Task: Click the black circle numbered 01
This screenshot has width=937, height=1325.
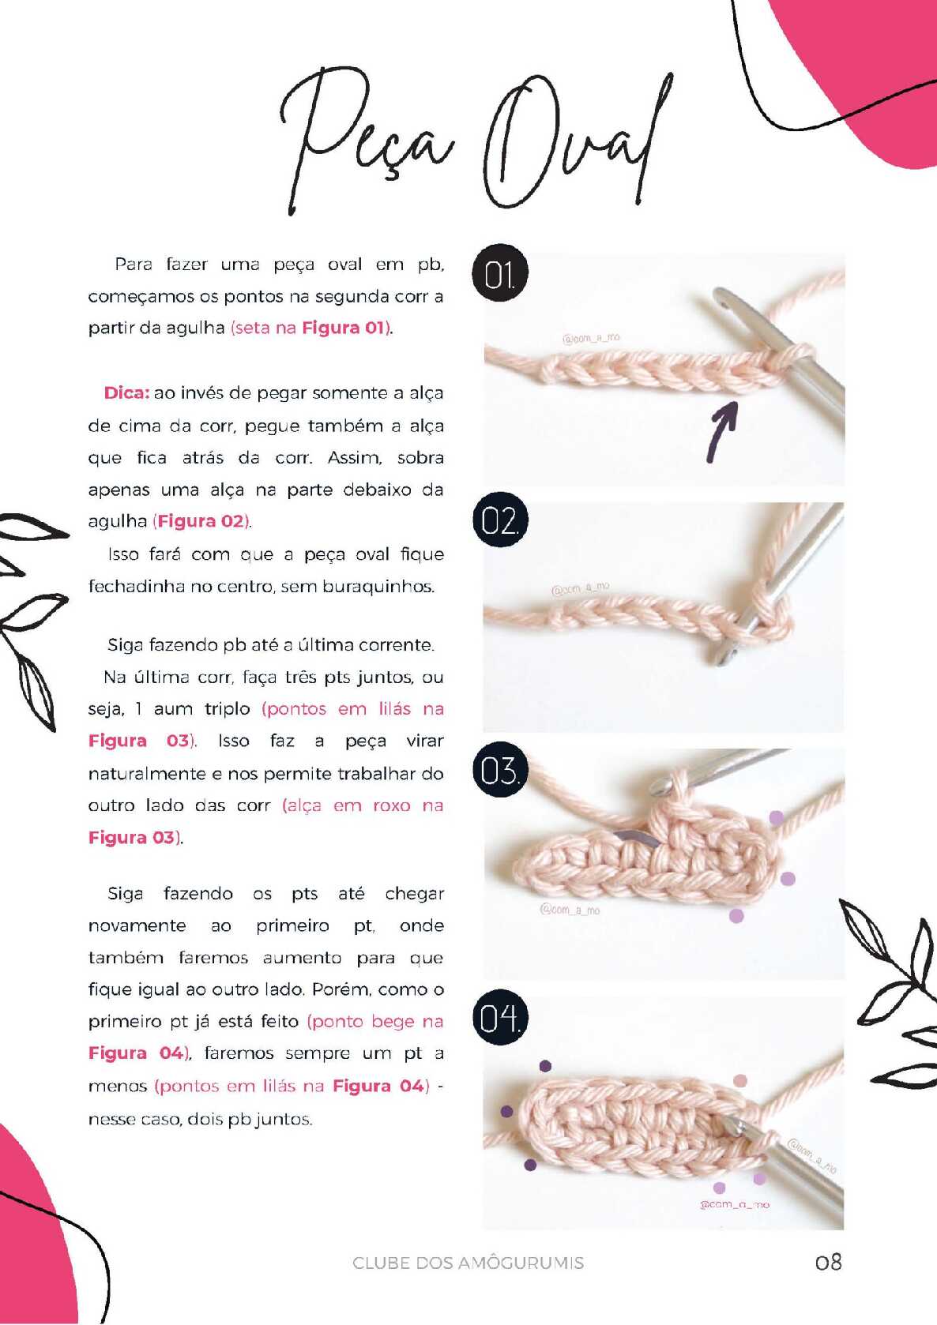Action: tap(499, 273)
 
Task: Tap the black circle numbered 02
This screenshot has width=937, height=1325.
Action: tap(499, 520)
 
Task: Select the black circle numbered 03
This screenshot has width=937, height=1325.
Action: tap(499, 769)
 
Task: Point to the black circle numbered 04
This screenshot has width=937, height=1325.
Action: tap(499, 1017)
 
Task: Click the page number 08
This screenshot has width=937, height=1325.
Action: tap(828, 1261)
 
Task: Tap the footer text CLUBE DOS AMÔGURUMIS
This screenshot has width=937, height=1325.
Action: tap(468, 1263)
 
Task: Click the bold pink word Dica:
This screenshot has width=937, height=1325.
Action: tap(126, 392)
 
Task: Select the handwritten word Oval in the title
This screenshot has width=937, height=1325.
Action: tap(577, 142)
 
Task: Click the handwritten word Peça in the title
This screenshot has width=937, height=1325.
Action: tap(367, 139)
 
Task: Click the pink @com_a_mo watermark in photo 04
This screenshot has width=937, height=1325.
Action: tap(735, 1204)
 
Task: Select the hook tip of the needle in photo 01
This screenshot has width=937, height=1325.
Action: tap(722, 297)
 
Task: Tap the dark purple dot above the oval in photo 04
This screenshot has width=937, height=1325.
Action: tap(545, 1066)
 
